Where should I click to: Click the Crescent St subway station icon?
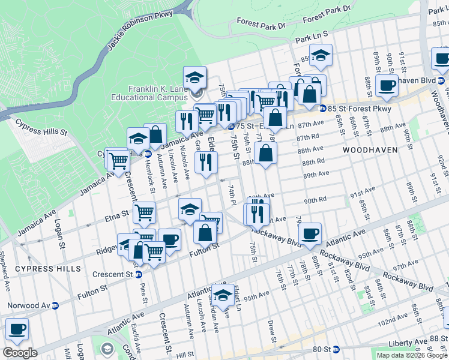click(139, 274)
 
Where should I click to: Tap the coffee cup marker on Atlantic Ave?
click(310, 233)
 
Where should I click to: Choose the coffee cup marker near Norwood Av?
click(17, 329)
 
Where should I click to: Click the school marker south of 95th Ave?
click(223, 295)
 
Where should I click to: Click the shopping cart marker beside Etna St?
click(145, 212)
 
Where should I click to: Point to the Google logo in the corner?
click(20, 353)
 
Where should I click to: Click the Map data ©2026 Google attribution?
click(411, 355)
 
